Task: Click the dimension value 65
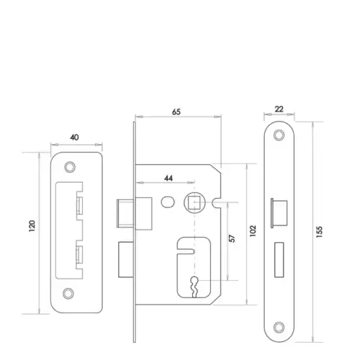point(176,112)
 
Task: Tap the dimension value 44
point(168,179)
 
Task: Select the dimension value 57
point(232,238)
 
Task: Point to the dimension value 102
point(253,231)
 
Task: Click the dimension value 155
point(319,232)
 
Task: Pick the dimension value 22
point(279,109)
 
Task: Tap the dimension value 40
point(74,138)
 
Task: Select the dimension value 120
point(32,225)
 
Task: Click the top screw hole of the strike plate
point(70,167)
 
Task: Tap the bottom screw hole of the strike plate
point(68,293)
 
